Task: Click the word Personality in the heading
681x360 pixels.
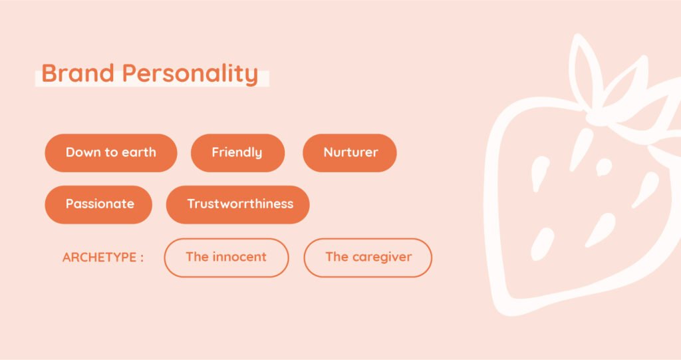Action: tap(190, 74)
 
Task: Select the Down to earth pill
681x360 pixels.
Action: tap(111, 152)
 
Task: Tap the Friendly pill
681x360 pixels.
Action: tap(237, 152)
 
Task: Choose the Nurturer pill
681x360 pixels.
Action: tap(350, 152)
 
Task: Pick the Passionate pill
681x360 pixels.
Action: tap(98, 204)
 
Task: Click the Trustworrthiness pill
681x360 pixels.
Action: tap(237, 204)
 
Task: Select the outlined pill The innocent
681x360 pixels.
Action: tap(226, 258)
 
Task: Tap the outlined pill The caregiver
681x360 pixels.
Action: tap(368, 258)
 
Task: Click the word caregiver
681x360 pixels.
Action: tap(382, 258)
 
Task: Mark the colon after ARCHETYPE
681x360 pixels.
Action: tap(142, 258)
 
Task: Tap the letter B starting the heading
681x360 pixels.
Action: tap(49, 73)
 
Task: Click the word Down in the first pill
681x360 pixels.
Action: tap(83, 152)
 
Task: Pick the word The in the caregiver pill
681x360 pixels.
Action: tap(337, 257)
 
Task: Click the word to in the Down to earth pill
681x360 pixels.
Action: tap(111, 152)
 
